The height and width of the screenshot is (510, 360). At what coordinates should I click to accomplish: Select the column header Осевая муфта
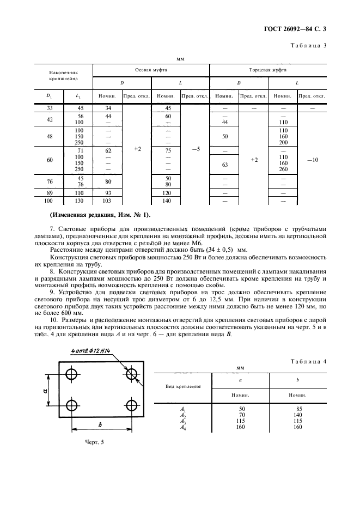click(x=151, y=70)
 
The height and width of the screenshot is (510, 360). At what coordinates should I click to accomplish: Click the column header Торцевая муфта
click(x=267, y=70)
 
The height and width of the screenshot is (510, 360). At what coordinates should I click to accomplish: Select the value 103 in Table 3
click(x=108, y=201)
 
